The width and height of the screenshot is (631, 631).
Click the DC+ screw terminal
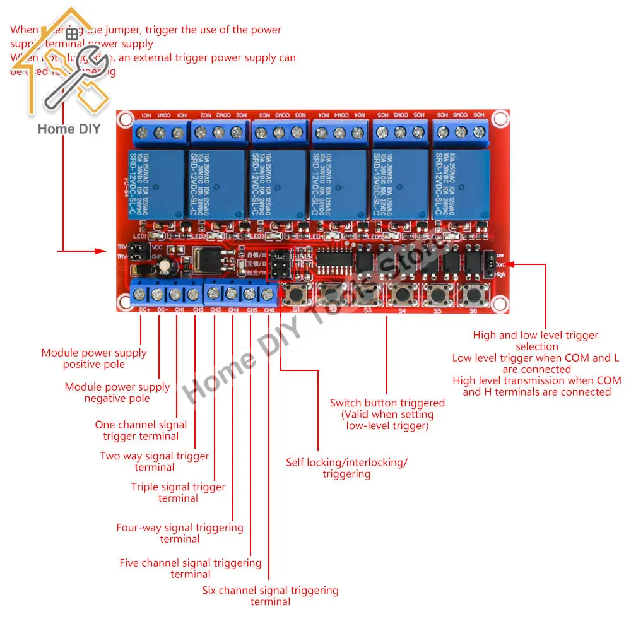tap(140, 294)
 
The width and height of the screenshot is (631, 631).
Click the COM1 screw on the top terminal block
tap(160, 133)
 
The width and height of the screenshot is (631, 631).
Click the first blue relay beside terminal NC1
tap(155, 183)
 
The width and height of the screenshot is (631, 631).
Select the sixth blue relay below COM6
tap(461, 183)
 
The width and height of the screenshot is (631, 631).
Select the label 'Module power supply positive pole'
tap(94, 358)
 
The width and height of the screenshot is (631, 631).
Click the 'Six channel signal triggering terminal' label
tap(270, 596)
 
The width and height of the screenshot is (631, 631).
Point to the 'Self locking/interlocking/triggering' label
tap(346, 468)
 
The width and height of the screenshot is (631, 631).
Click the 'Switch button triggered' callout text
tap(387, 414)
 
